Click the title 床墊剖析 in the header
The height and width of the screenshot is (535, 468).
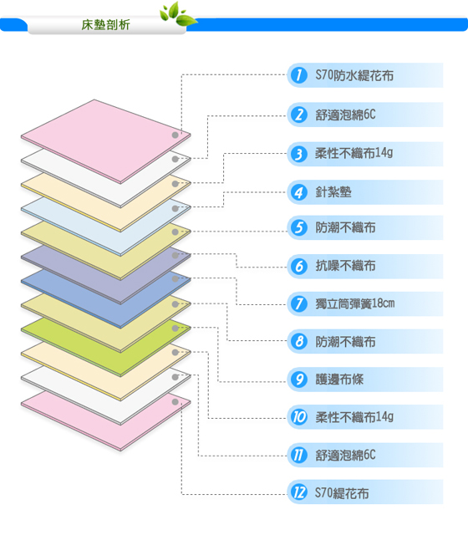coord(105,25)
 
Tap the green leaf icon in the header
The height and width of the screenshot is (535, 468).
coord(178,14)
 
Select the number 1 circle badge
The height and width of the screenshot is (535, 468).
coord(299,75)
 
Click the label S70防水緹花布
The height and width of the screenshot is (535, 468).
coord(354,75)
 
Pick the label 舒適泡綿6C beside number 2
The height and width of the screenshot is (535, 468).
coord(345,115)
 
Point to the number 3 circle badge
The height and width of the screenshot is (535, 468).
coord(299,154)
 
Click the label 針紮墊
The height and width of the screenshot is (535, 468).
coord(333,192)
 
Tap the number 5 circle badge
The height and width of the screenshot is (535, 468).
coord(299,227)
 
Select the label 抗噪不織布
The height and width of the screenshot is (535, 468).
coord(345,266)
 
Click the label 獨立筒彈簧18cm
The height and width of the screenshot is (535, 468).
coord(354,303)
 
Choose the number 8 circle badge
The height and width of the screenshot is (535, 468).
coord(299,341)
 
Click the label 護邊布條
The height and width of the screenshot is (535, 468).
coord(339,379)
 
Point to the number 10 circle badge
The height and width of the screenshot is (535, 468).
coord(299,417)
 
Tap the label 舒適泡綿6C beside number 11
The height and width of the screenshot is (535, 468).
coord(345,455)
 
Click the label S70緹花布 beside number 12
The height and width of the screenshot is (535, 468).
coord(342,492)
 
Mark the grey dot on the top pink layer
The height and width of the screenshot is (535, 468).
coord(175,135)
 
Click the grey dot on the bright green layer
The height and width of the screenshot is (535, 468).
coord(175,329)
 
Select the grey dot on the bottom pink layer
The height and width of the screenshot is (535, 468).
coord(175,401)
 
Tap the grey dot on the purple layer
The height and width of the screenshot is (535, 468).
coord(175,255)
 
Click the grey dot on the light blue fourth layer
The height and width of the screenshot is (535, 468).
coord(175,208)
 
